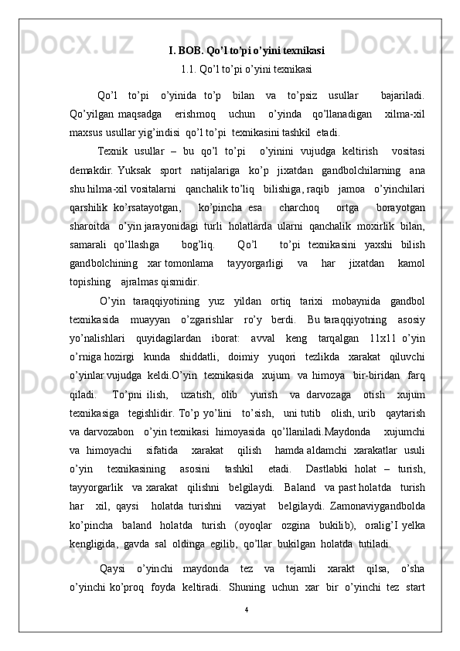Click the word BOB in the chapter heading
click(x=190, y=51)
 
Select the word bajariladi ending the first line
click(x=402, y=96)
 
